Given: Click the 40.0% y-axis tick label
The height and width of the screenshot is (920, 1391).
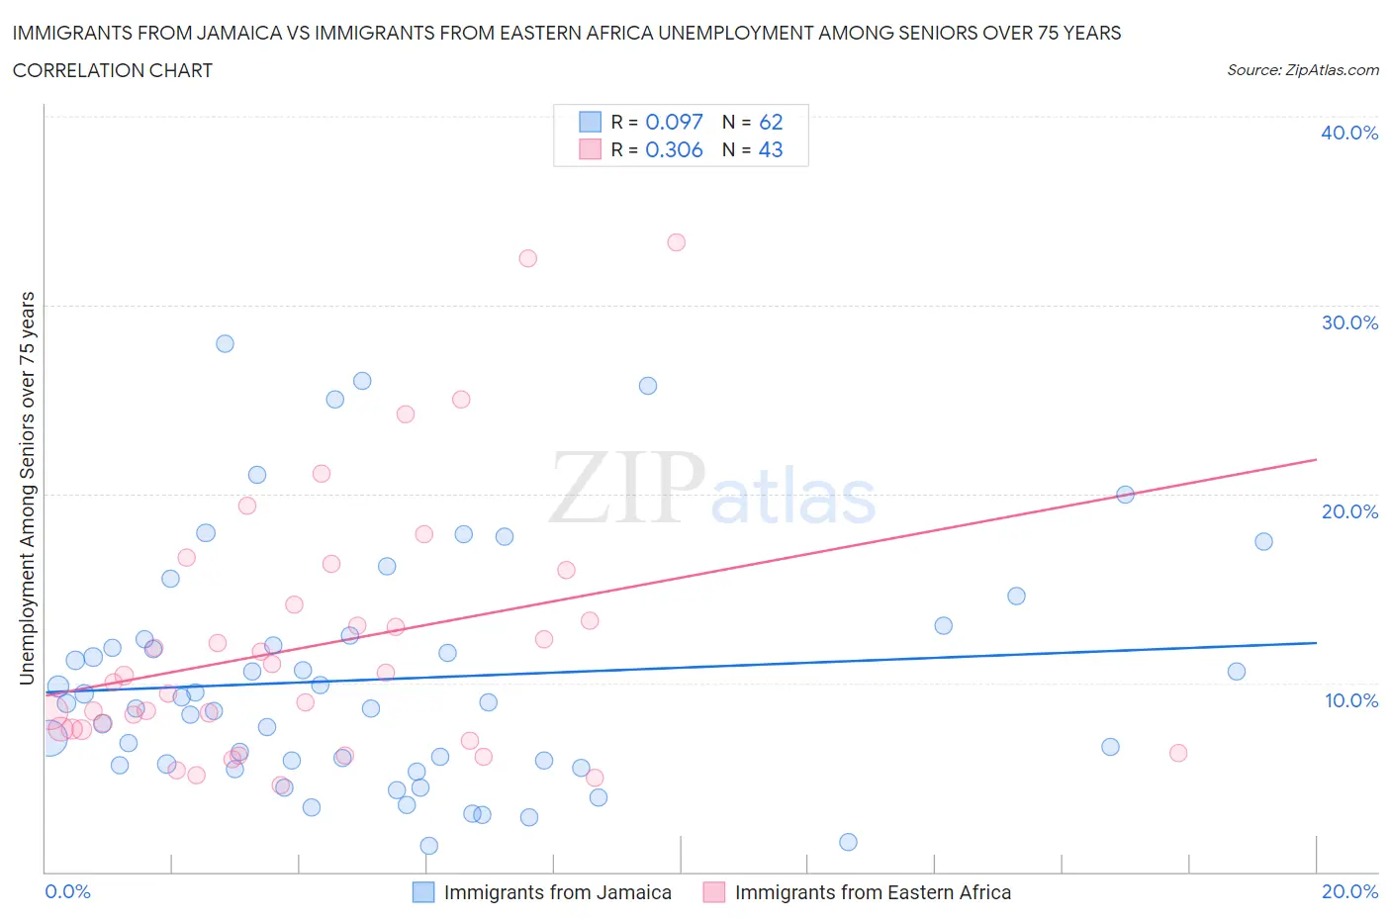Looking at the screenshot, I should pos(1349,133).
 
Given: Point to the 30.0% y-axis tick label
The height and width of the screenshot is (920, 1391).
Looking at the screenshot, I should pos(1349,322).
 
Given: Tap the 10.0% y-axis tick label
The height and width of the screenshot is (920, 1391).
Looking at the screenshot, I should pos(1350,700).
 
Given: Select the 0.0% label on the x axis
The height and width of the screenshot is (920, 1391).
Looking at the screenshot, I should pos(67,891).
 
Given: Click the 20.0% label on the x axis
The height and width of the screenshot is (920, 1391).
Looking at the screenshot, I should pos(1349,891).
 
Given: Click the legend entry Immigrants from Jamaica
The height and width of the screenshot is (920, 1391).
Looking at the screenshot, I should pos(557,892).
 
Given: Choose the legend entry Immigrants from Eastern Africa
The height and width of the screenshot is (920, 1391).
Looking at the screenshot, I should pos(873,892).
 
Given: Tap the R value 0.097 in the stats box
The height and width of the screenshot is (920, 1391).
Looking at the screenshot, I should pos(674,122).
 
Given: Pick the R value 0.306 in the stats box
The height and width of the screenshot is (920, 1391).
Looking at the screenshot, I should pos(674,149).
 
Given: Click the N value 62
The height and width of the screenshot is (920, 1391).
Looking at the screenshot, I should pos(771,122).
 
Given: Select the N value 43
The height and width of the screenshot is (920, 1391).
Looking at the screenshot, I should pos(771,149).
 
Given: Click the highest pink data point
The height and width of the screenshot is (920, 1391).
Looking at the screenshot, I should pos(676,242).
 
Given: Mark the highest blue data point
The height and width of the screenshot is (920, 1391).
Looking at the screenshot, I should pos(225,344).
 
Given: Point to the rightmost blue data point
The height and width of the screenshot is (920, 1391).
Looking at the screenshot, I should pos(1263,541).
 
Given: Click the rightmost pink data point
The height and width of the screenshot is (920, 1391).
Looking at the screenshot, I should pos(1177,753).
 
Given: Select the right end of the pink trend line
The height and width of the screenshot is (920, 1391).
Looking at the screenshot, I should pos(1316,460).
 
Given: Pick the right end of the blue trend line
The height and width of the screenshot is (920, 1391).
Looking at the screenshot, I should pos(1316,643).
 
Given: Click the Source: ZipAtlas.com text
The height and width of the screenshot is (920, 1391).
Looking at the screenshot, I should pos(1302,70).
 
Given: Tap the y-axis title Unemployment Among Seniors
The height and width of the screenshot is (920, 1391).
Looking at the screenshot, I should pos(27,488).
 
